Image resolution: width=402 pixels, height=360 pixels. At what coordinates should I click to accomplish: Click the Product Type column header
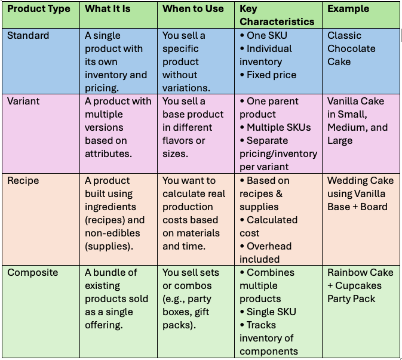39,9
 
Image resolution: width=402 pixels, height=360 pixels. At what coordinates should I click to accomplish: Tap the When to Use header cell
193,9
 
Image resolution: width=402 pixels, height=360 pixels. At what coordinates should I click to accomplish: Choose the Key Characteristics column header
277,16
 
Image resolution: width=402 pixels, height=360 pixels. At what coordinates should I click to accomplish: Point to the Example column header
348,9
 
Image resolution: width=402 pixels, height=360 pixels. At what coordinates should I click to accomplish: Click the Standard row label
28,36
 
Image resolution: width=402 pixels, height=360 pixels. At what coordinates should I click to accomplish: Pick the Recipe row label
23,180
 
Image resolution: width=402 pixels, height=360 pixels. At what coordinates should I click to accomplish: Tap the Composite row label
33,273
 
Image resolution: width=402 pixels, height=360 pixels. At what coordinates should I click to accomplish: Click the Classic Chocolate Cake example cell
351,49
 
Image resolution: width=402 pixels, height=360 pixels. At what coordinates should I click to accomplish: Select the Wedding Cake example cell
360,193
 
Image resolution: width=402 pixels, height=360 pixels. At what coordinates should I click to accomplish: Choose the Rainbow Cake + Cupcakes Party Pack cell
360,285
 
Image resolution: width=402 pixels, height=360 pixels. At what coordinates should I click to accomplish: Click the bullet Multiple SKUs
278,128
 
